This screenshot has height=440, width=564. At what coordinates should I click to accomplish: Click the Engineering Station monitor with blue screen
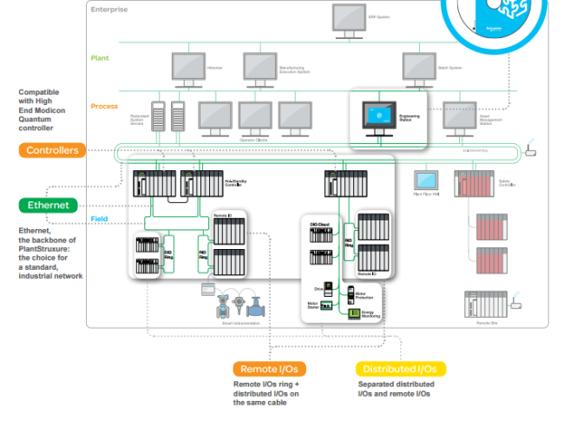pos(378,117)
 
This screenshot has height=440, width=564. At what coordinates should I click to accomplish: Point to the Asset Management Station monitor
pos(459,116)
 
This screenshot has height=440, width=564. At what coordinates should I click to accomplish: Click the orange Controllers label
pos(52,150)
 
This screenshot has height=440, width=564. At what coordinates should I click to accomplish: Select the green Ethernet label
pos(48,206)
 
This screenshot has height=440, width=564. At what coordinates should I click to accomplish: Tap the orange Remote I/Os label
pos(269,369)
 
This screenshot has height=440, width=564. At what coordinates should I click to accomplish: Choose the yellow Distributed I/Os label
pos(400,369)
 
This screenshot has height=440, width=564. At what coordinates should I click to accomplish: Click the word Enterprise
pos(108,10)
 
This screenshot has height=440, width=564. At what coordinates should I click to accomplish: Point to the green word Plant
pos(100,58)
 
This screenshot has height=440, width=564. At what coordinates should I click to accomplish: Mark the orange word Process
pos(104,107)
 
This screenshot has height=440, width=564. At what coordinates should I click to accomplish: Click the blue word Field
pos(99,219)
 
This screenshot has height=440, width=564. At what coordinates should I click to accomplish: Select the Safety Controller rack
pos(474,183)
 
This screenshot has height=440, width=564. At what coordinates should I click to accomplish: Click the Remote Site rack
pos(485,303)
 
